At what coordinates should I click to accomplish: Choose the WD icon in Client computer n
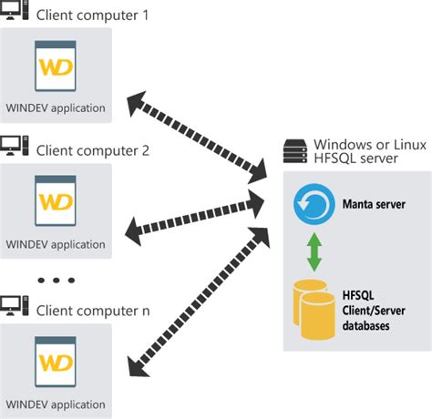tap(55, 361)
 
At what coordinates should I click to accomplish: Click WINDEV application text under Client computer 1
tap(56, 107)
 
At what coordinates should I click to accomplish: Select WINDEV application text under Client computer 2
tap(56, 243)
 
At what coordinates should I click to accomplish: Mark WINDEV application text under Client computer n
tap(56, 404)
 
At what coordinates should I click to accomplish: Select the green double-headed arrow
tap(313, 250)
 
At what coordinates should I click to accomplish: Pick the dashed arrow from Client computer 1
tap(196, 131)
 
